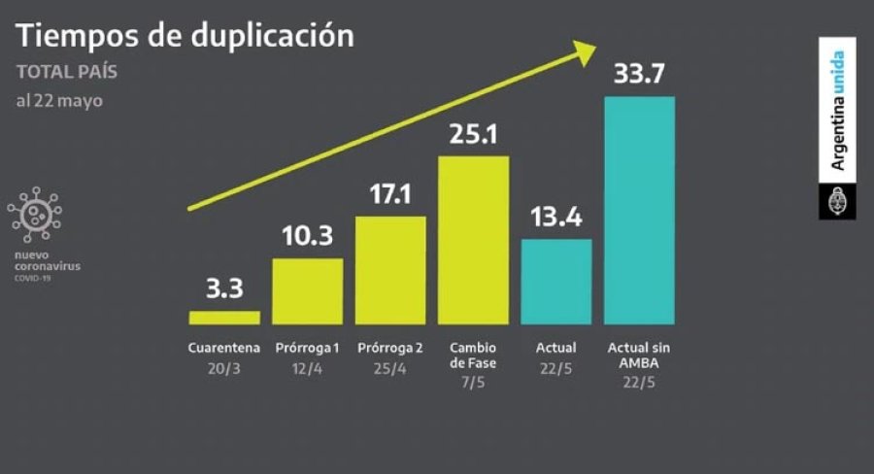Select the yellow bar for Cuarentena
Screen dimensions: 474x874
(224, 317)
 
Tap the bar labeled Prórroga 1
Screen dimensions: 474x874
(308, 291)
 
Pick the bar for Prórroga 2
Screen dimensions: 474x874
(390, 270)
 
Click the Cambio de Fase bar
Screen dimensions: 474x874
(474, 240)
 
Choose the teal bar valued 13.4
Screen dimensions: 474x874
(556, 282)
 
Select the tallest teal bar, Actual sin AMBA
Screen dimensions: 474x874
(640, 210)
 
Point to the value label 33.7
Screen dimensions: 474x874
(639, 74)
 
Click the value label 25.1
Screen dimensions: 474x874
(473, 133)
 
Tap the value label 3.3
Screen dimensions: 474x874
(224, 288)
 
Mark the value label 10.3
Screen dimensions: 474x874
(307, 236)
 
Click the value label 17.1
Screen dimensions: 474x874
(390, 193)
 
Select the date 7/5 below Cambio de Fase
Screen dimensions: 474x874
(473, 382)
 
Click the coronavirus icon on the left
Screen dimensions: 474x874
(34, 214)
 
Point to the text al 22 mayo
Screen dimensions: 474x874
(59, 100)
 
